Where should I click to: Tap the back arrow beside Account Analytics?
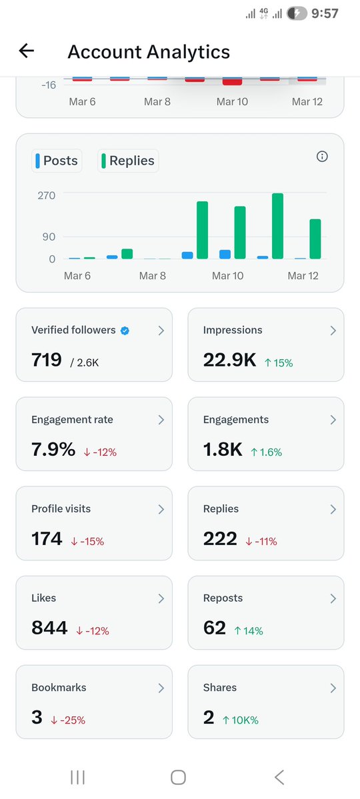pyautogui.click(x=27, y=51)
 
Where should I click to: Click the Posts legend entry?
pyautogui.click(x=57, y=161)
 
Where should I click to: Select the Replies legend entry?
pyautogui.click(x=128, y=161)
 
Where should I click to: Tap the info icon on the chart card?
pyautogui.click(x=322, y=157)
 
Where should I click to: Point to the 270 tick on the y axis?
pyautogui.click(x=46, y=195)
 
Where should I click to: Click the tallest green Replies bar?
pyautogui.click(x=277, y=226)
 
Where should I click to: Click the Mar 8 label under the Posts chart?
pyautogui.click(x=153, y=276)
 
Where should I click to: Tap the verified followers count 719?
pyautogui.click(x=47, y=360)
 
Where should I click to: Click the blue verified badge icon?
pyautogui.click(x=125, y=331)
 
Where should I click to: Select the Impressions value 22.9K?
pyautogui.click(x=229, y=360)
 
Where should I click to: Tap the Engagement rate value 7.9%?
pyautogui.click(x=53, y=450)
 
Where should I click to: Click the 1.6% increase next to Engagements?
pyautogui.click(x=267, y=452)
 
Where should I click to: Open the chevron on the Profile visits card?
pyautogui.click(x=161, y=509)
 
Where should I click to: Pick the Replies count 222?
pyautogui.click(x=220, y=538)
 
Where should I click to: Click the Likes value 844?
pyautogui.click(x=49, y=628)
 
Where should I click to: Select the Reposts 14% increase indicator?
pyautogui.click(x=248, y=630)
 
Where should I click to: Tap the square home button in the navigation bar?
pyautogui.click(x=178, y=777)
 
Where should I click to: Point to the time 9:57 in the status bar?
pyautogui.click(x=325, y=13)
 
